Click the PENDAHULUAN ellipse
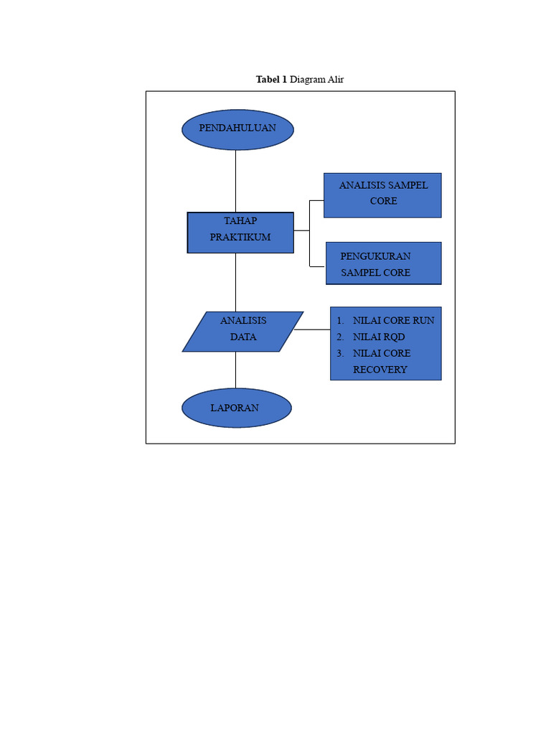(x=237, y=129)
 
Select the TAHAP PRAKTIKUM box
(x=240, y=232)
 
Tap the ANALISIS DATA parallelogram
(x=242, y=331)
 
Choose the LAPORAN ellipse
(x=236, y=408)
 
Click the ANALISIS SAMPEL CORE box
(x=382, y=195)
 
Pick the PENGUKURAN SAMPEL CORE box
(x=383, y=263)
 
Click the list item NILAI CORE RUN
(x=393, y=320)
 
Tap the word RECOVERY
(x=380, y=370)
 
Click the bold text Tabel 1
(x=271, y=80)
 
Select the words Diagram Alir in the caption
(x=316, y=80)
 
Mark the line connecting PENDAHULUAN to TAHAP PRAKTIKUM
(x=235, y=181)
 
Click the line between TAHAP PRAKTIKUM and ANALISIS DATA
(x=235, y=282)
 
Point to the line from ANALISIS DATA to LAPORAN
(x=235, y=370)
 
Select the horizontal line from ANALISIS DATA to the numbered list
(x=312, y=330)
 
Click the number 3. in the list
(x=340, y=353)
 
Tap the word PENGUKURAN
(x=375, y=256)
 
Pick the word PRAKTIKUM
(x=240, y=238)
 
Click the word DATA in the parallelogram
(x=243, y=337)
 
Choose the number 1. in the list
(x=340, y=320)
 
